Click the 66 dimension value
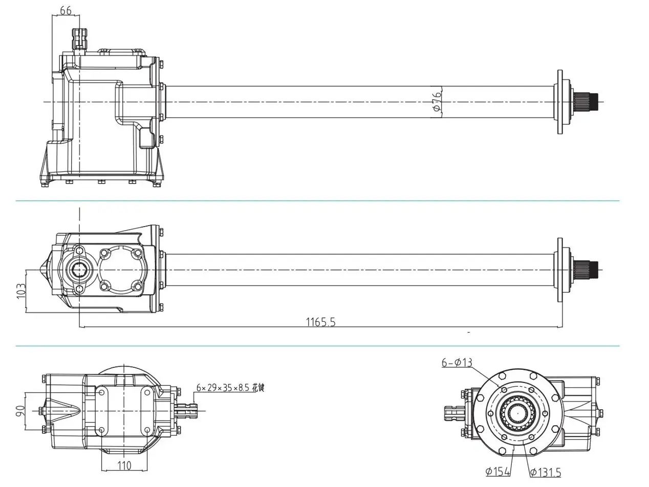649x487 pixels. [66, 10]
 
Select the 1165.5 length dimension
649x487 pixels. [320, 322]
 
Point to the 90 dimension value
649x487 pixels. [20, 411]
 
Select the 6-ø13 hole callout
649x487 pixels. [457, 363]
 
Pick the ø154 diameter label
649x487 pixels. [498, 471]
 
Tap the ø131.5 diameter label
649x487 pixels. [545, 472]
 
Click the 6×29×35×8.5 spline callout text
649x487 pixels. [224, 387]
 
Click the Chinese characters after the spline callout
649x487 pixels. [258, 387]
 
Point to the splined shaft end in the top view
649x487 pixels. [586, 102]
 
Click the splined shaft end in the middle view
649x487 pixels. [586, 270]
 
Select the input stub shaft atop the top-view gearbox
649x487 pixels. [79, 38]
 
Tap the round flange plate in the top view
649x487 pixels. [560, 102]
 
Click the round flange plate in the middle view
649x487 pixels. [560, 270]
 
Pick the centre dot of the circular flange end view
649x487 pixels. [518, 413]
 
